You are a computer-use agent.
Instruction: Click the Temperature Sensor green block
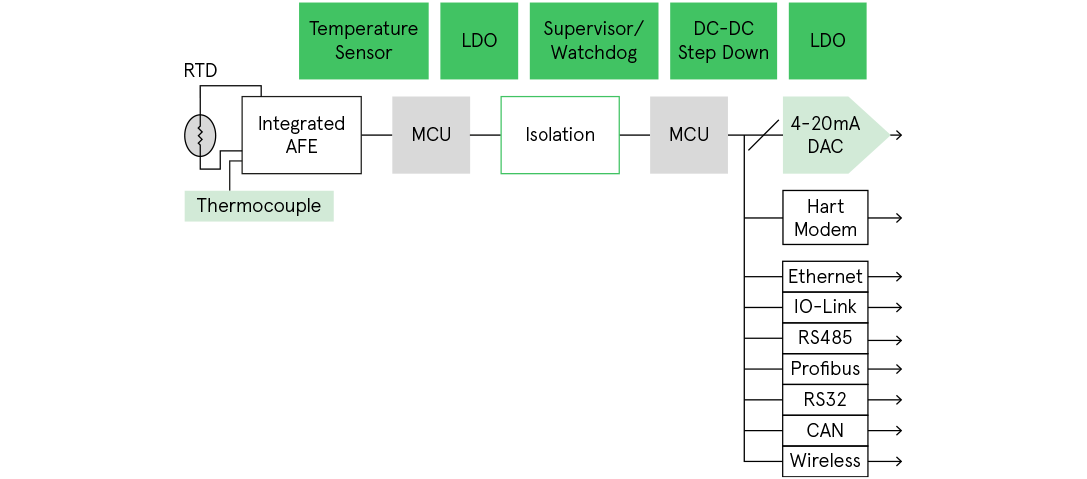pyautogui.click(x=363, y=41)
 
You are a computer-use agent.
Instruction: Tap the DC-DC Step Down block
pyautogui.click(x=723, y=41)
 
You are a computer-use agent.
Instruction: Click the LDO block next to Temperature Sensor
pyautogui.click(x=479, y=41)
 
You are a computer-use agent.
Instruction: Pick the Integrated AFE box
pyautogui.click(x=301, y=135)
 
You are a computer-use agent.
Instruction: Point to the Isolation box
pyautogui.click(x=559, y=135)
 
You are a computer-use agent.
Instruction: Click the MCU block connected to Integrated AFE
pyautogui.click(x=431, y=135)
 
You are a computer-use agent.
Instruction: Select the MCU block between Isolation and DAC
pyautogui.click(x=689, y=135)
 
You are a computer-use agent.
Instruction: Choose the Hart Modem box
pyautogui.click(x=825, y=218)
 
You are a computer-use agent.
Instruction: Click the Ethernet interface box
pyautogui.click(x=825, y=276)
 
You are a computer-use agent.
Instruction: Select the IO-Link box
pyautogui.click(x=825, y=307)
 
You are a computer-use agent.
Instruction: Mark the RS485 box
pyautogui.click(x=825, y=338)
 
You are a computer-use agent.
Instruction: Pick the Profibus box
pyautogui.click(x=825, y=369)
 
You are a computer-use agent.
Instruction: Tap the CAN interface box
pyautogui.click(x=825, y=430)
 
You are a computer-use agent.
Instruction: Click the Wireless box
pyautogui.click(x=825, y=461)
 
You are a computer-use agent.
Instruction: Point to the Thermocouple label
pyautogui.click(x=259, y=206)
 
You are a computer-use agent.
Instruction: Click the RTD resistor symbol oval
pyautogui.click(x=200, y=135)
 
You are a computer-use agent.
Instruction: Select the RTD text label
pyautogui.click(x=200, y=71)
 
